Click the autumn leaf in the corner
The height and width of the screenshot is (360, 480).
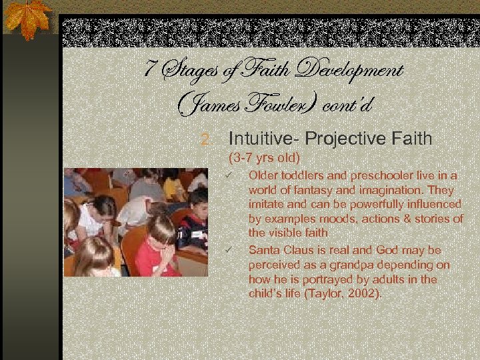(x=27, y=18)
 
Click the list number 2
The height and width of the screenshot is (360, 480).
(x=207, y=139)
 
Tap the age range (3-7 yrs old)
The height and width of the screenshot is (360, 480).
(x=265, y=159)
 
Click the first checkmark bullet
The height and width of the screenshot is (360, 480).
(x=227, y=175)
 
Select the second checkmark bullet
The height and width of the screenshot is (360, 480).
(x=227, y=250)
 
